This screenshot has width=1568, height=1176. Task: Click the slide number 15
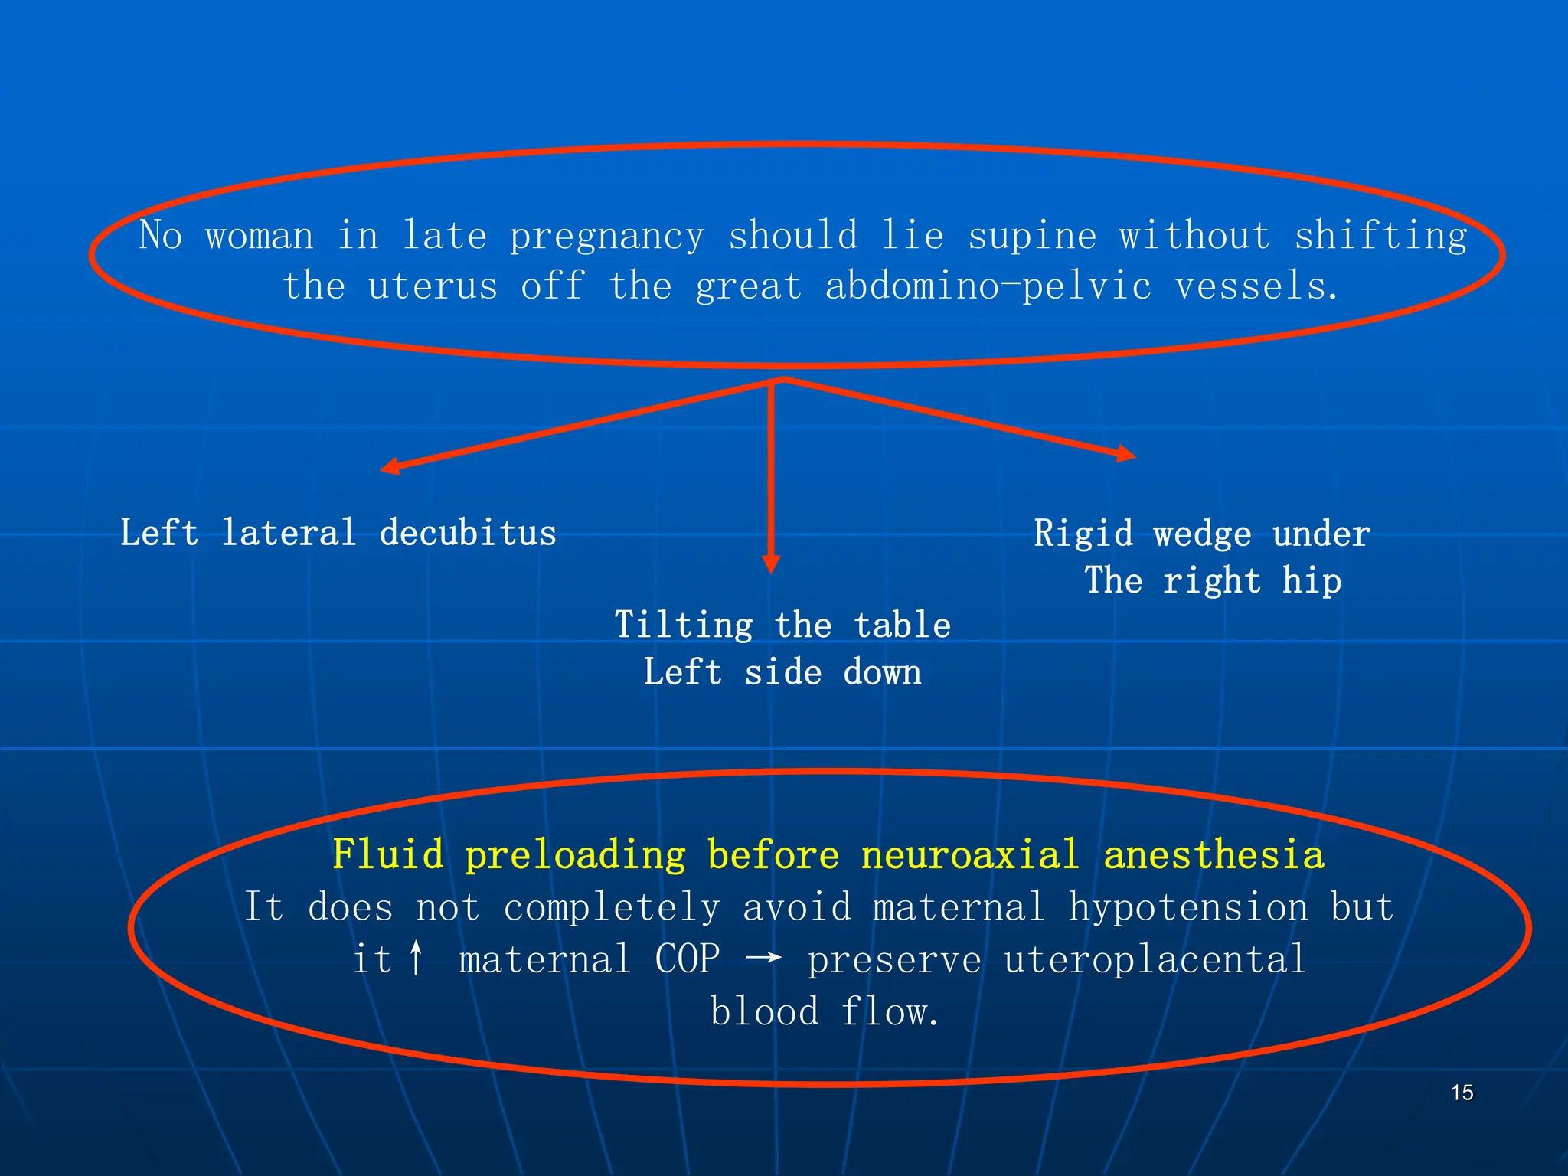(1462, 1093)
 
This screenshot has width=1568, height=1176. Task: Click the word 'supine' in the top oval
(1032, 236)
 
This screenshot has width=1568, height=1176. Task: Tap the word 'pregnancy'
(606, 236)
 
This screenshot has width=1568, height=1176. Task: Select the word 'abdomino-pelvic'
(988, 286)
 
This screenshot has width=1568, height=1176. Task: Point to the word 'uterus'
(433, 286)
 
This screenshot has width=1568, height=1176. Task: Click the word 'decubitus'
(468, 533)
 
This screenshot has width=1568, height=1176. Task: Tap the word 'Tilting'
(684, 626)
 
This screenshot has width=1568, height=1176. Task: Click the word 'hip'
(1312, 580)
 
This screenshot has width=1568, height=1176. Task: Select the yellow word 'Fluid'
(388, 854)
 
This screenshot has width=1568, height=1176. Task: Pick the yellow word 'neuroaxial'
(970, 854)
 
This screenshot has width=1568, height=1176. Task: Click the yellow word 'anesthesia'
(1214, 854)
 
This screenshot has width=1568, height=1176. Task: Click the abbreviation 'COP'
(688, 959)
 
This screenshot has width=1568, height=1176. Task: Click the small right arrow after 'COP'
(763, 957)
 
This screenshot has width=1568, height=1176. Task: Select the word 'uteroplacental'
(1155, 959)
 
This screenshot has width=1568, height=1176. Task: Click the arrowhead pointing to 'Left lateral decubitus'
(390, 466)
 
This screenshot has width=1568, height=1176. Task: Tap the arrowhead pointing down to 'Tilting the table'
(771, 564)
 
